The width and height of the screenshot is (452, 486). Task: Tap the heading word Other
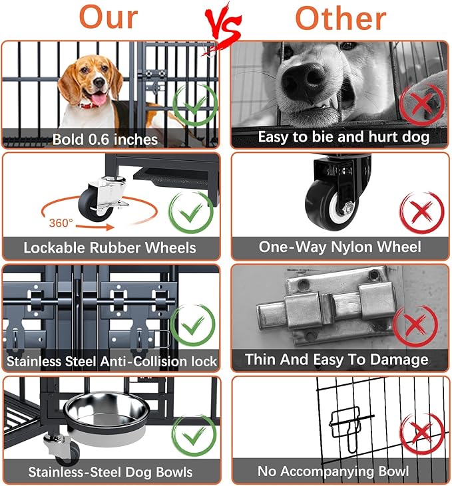[x=340, y=19]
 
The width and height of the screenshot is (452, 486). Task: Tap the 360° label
[x=61, y=222]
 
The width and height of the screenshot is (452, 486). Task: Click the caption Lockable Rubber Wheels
[x=110, y=248]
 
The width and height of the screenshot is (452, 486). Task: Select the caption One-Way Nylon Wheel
[x=339, y=247]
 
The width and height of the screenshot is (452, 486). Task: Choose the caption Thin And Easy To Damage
[x=336, y=360]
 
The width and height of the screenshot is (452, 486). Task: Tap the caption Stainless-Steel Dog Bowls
[x=110, y=473]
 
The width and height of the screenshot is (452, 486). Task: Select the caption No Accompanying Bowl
[x=333, y=471]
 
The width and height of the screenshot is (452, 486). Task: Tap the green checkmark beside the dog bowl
[x=194, y=435]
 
